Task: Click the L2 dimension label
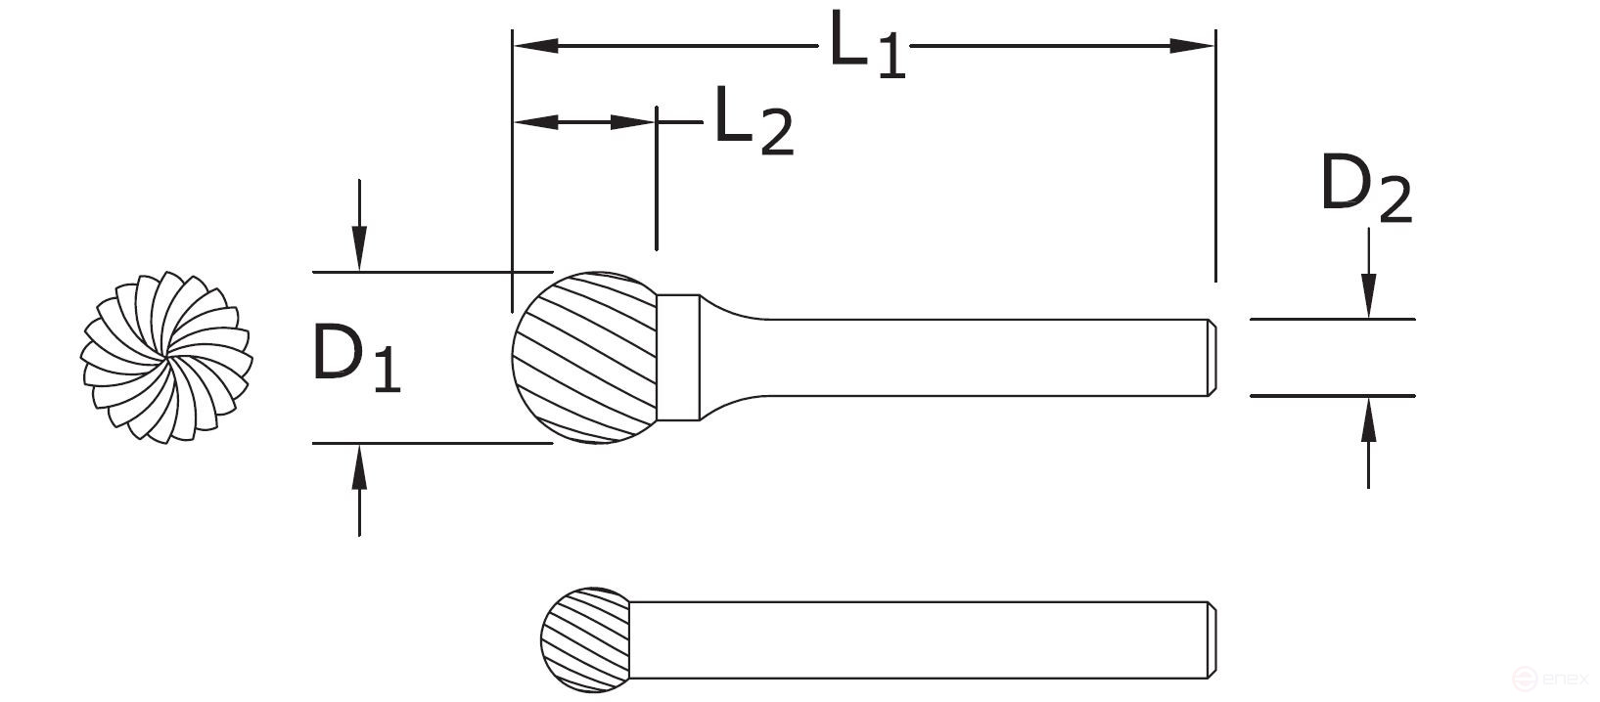coord(752,122)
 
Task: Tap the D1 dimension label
coord(354,358)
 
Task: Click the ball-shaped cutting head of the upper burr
coord(583,358)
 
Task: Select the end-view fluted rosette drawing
coord(167,358)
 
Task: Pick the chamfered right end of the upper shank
coord(1211,358)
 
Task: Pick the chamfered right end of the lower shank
coord(1211,640)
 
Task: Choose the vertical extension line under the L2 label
coord(656,186)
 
